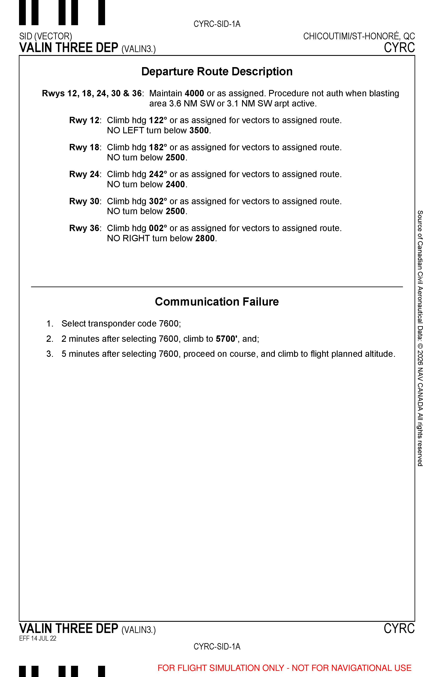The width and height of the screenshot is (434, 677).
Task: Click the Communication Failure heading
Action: point(217,302)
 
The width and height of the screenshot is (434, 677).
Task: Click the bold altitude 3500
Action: point(199,131)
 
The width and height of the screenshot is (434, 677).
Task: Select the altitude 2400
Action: point(175,185)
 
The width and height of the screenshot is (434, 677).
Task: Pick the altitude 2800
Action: point(205,238)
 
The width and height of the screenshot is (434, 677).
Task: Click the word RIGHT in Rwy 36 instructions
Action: point(136,238)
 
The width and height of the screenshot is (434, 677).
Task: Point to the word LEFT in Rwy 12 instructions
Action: point(133,131)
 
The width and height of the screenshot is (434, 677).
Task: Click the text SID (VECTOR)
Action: point(46,36)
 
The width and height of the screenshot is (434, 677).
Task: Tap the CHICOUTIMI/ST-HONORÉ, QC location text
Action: point(359,36)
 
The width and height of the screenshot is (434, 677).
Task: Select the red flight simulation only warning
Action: point(284,668)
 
